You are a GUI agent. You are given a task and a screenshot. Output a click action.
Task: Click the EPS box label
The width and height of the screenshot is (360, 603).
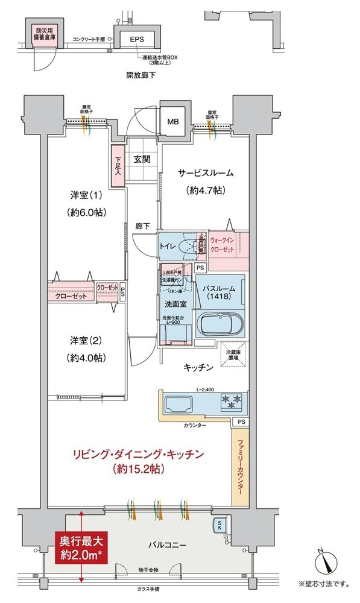coord(136,39)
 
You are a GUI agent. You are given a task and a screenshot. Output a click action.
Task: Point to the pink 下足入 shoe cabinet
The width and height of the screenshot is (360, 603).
coord(118,166)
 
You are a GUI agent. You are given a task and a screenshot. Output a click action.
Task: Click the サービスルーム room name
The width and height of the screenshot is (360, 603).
coord(205,173)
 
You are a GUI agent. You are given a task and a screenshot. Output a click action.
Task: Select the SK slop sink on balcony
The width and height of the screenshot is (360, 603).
coord(220,525)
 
